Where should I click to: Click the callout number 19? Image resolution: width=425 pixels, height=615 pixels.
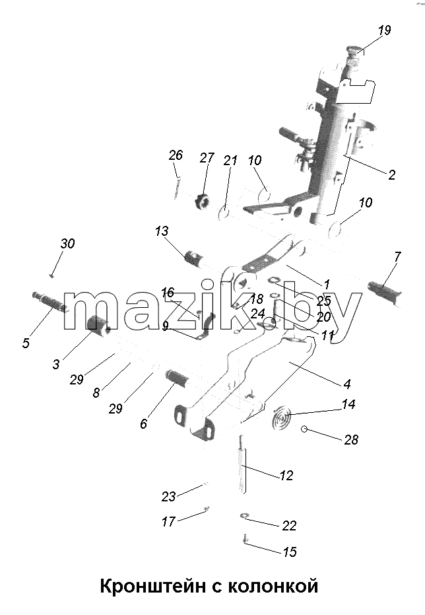click(384, 30)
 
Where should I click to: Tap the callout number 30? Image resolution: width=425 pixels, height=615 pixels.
click(67, 244)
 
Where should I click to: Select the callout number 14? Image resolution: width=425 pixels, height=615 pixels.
click(348, 404)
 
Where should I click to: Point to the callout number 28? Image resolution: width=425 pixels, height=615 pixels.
click(351, 440)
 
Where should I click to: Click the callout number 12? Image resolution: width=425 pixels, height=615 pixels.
click(286, 476)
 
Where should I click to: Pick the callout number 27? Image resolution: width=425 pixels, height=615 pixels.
click(207, 158)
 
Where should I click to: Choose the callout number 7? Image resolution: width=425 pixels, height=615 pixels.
click(397, 258)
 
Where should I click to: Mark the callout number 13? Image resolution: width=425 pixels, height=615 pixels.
click(162, 231)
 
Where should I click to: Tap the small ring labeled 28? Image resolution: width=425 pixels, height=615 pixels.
click(304, 429)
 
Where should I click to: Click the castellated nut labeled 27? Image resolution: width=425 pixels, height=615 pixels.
click(202, 201)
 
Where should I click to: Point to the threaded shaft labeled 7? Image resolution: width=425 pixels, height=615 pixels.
click(385, 292)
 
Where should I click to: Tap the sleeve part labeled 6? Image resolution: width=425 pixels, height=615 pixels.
click(178, 379)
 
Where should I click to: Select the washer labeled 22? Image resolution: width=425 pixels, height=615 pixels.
click(245, 515)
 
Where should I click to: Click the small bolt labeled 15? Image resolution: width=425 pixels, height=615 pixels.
click(245, 539)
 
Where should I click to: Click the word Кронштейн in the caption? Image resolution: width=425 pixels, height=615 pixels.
click(152, 587)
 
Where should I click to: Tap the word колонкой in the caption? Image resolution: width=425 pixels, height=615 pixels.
click(273, 587)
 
